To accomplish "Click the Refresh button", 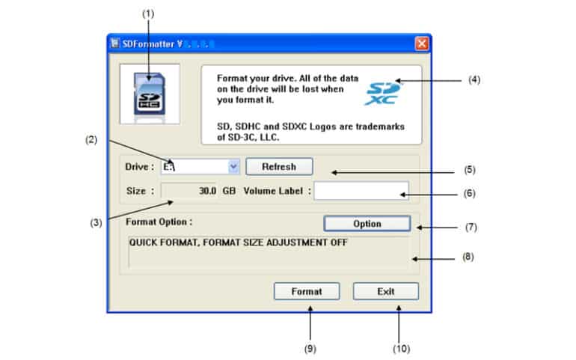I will click(x=279, y=166).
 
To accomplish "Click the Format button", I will click(x=307, y=291).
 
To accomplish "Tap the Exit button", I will click(x=386, y=291).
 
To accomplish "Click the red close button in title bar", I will click(x=422, y=43).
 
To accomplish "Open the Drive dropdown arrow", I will click(x=233, y=167).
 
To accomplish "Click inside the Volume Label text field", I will click(x=361, y=191).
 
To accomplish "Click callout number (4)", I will click(x=474, y=79).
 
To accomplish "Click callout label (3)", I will click(x=98, y=222).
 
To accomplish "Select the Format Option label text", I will click(x=159, y=222).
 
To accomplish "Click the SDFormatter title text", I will click(x=149, y=43).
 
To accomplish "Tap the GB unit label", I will click(x=229, y=191).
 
